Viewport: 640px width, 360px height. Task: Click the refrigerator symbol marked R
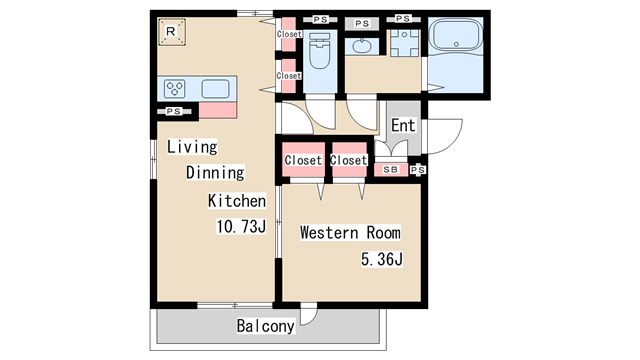[172, 31]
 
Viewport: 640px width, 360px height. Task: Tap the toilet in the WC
[320, 51]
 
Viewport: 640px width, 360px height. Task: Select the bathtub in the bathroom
[456, 35]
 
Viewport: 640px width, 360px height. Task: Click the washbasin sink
[362, 46]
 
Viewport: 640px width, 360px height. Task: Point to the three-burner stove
[174, 89]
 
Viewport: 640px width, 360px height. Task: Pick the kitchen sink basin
[216, 89]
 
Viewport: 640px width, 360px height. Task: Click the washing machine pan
[404, 42]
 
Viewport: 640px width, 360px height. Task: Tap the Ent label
[403, 125]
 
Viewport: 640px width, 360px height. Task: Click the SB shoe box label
[391, 169]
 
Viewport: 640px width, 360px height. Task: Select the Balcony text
[265, 326]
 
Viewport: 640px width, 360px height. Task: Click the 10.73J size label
[241, 226]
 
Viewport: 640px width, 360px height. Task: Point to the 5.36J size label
[382, 259]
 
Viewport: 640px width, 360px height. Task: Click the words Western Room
[350, 233]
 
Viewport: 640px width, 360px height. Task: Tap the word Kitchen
[237, 201]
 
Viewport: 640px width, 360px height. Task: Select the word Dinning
[215, 172]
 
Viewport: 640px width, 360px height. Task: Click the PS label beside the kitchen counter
[173, 111]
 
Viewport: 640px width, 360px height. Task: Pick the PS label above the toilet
[320, 19]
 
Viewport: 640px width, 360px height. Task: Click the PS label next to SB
[418, 170]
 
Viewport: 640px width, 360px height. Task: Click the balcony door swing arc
[312, 318]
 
